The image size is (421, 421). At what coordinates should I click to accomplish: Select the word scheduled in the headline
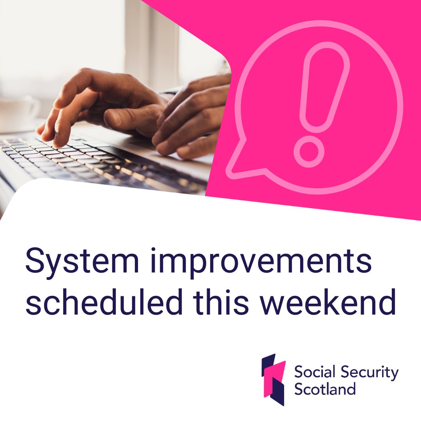click(x=97, y=302)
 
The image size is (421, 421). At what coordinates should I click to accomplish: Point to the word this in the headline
click(x=217, y=302)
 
